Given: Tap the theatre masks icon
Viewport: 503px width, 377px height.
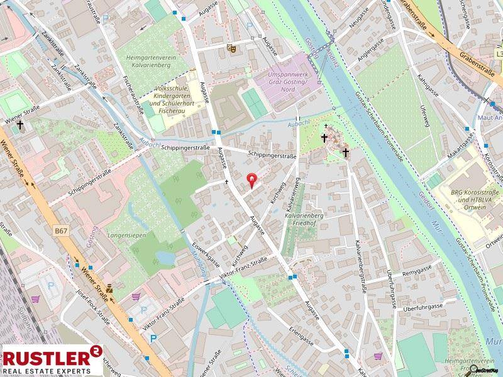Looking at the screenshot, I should click(231, 46).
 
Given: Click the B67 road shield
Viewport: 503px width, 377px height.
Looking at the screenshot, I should click(61, 231).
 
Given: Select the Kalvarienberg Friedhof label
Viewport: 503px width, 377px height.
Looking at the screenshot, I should click(304, 219).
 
